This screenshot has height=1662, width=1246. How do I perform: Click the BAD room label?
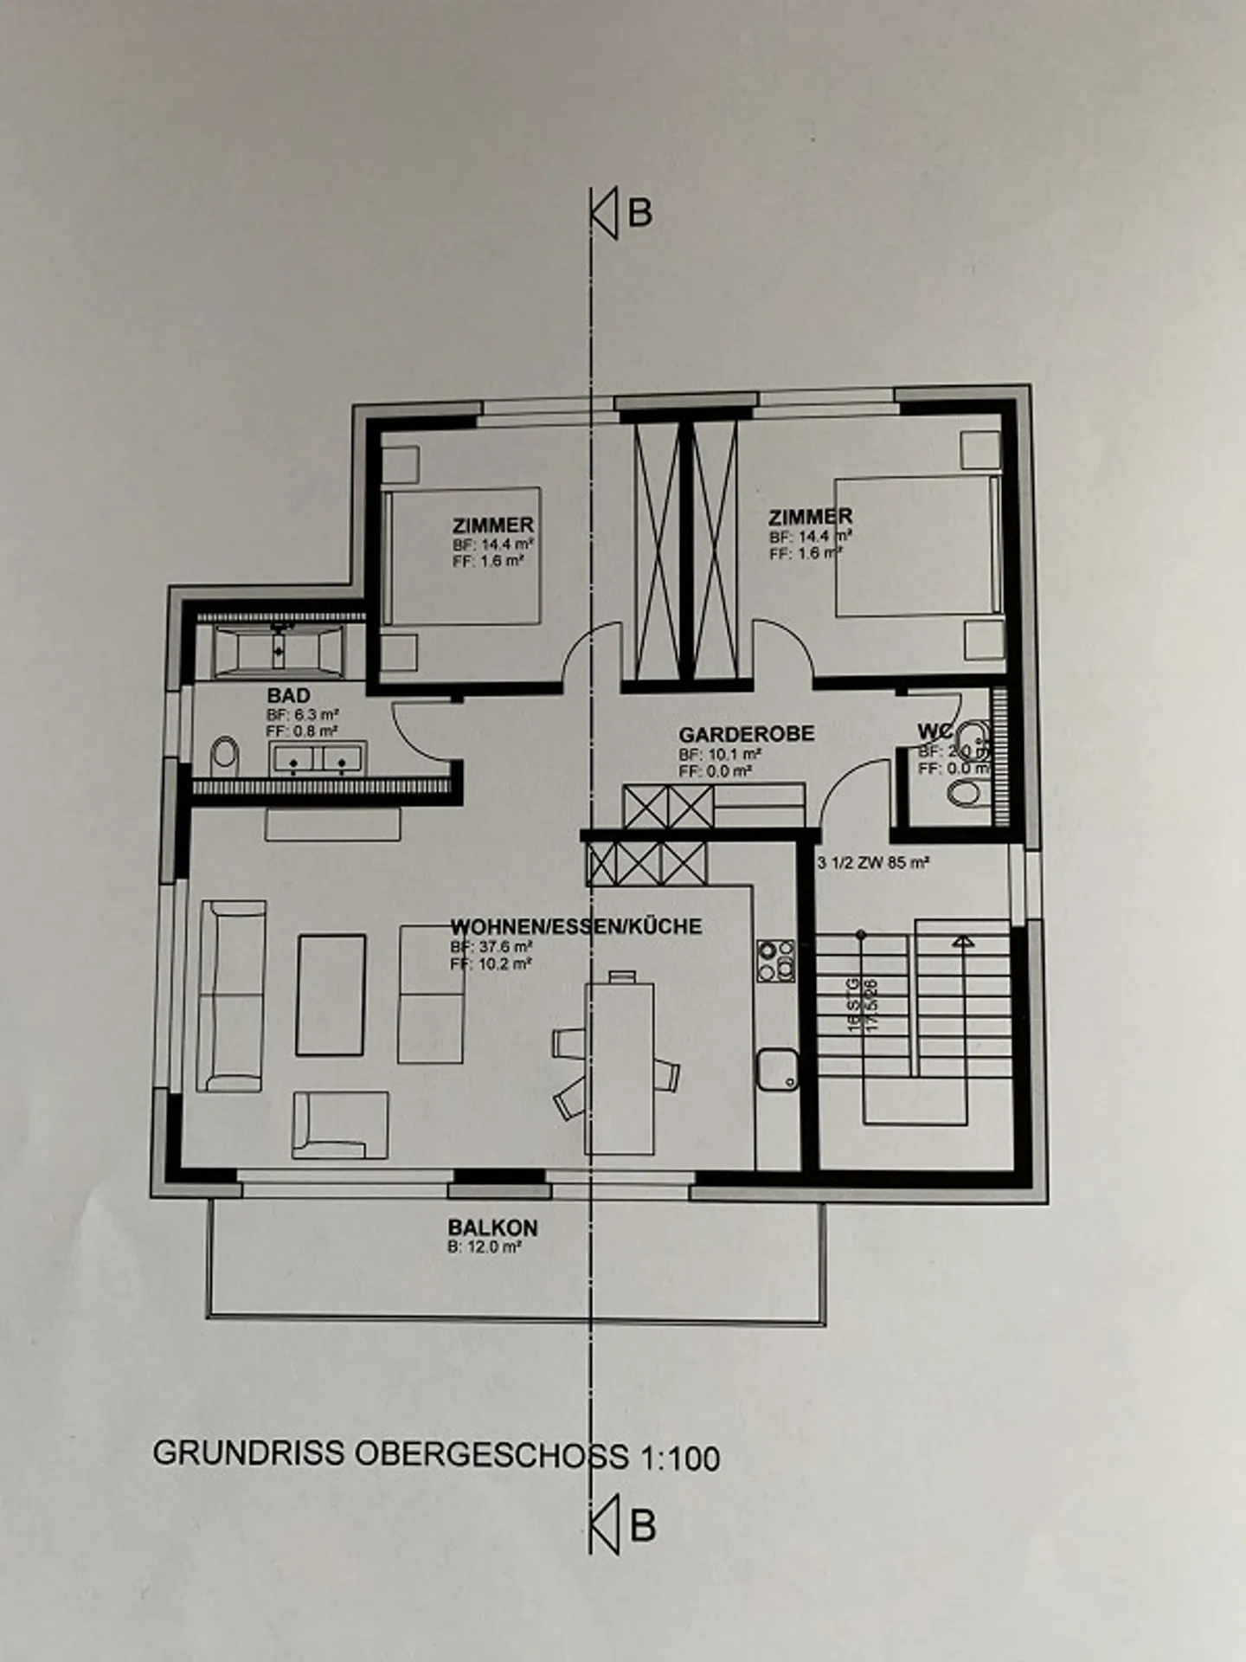(x=288, y=695)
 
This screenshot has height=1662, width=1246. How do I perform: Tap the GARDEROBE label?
(x=746, y=734)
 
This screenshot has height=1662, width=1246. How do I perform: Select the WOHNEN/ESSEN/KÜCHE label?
(x=575, y=926)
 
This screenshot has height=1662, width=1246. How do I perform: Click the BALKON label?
(x=492, y=1227)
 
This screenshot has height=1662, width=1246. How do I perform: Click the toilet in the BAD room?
(x=224, y=756)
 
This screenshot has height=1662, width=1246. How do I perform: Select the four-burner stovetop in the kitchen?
(x=775, y=960)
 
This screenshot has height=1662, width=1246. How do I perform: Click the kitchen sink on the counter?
(x=777, y=1069)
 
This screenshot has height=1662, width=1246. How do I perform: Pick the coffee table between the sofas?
(x=331, y=995)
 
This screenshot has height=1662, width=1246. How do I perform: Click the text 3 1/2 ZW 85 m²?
(x=872, y=862)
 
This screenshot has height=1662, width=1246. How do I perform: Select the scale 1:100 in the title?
(x=680, y=1459)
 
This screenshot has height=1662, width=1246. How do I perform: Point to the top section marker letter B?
(x=639, y=213)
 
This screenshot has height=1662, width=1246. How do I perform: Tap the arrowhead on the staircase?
(x=961, y=941)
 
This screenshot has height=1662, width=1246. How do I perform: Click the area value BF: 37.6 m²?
(x=491, y=946)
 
